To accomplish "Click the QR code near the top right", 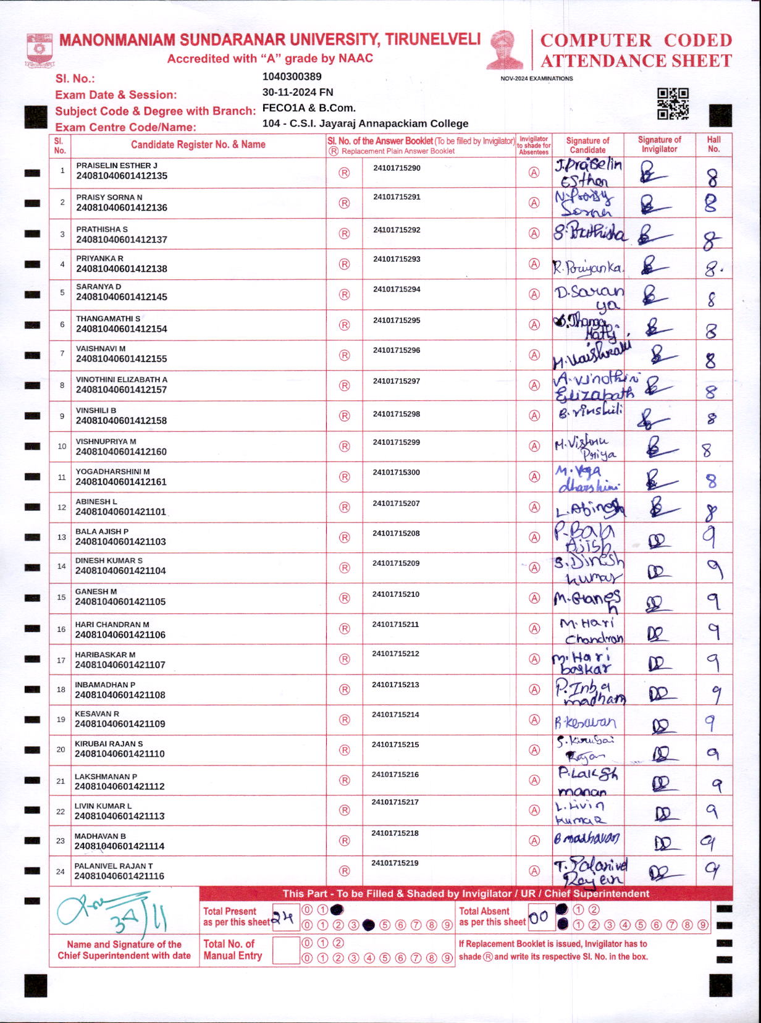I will [x=673, y=103].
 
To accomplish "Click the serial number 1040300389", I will [x=292, y=77].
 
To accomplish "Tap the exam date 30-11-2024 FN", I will [x=298, y=92].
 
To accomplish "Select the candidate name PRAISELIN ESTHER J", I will [x=117, y=166].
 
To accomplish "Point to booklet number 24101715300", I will [x=396, y=473].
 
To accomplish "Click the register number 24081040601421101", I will [x=120, y=512].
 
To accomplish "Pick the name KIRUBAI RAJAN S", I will [x=109, y=744].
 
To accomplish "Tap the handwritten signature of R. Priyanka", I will [x=587, y=267].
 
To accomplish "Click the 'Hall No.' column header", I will [x=713, y=145].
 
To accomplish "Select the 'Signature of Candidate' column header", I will [x=587, y=145].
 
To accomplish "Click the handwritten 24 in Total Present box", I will [x=285, y=918].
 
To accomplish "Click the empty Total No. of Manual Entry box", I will [x=285, y=950].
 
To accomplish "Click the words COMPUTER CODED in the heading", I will [x=636, y=40].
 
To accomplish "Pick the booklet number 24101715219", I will [x=395, y=863].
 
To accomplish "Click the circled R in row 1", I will [x=344, y=174].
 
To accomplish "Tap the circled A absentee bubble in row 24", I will [x=534, y=871].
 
